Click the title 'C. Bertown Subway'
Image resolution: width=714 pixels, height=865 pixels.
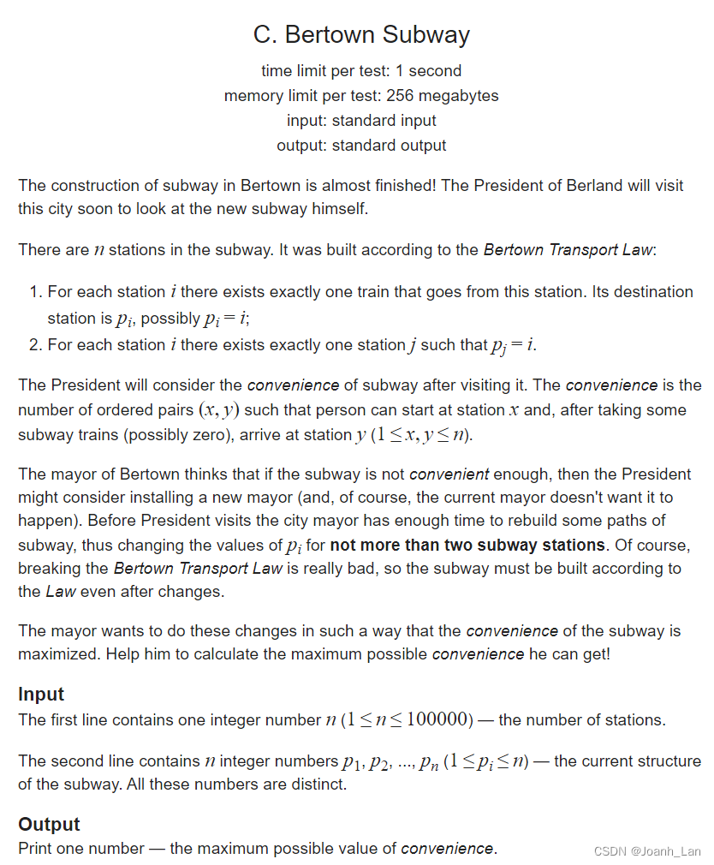click(x=361, y=35)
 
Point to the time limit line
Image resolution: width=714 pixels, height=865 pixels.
click(x=361, y=71)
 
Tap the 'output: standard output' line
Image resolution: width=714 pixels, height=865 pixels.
click(x=361, y=146)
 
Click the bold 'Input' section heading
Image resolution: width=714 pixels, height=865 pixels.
click(x=41, y=695)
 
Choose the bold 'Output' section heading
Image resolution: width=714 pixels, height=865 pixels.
click(x=49, y=825)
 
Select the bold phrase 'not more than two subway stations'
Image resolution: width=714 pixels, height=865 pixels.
click(x=467, y=546)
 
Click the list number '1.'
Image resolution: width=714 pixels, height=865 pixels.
click(x=36, y=292)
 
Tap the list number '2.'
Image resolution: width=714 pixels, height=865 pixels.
click(x=36, y=345)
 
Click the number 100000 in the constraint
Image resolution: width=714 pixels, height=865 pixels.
click(x=438, y=719)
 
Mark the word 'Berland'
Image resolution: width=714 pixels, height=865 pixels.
click(x=594, y=186)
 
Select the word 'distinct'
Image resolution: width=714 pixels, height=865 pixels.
click(x=318, y=784)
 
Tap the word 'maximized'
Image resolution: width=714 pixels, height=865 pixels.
click(x=52, y=653)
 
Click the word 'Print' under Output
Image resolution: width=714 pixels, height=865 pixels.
click(x=35, y=849)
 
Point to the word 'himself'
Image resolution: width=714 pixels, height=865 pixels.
click(x=341, y=208)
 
